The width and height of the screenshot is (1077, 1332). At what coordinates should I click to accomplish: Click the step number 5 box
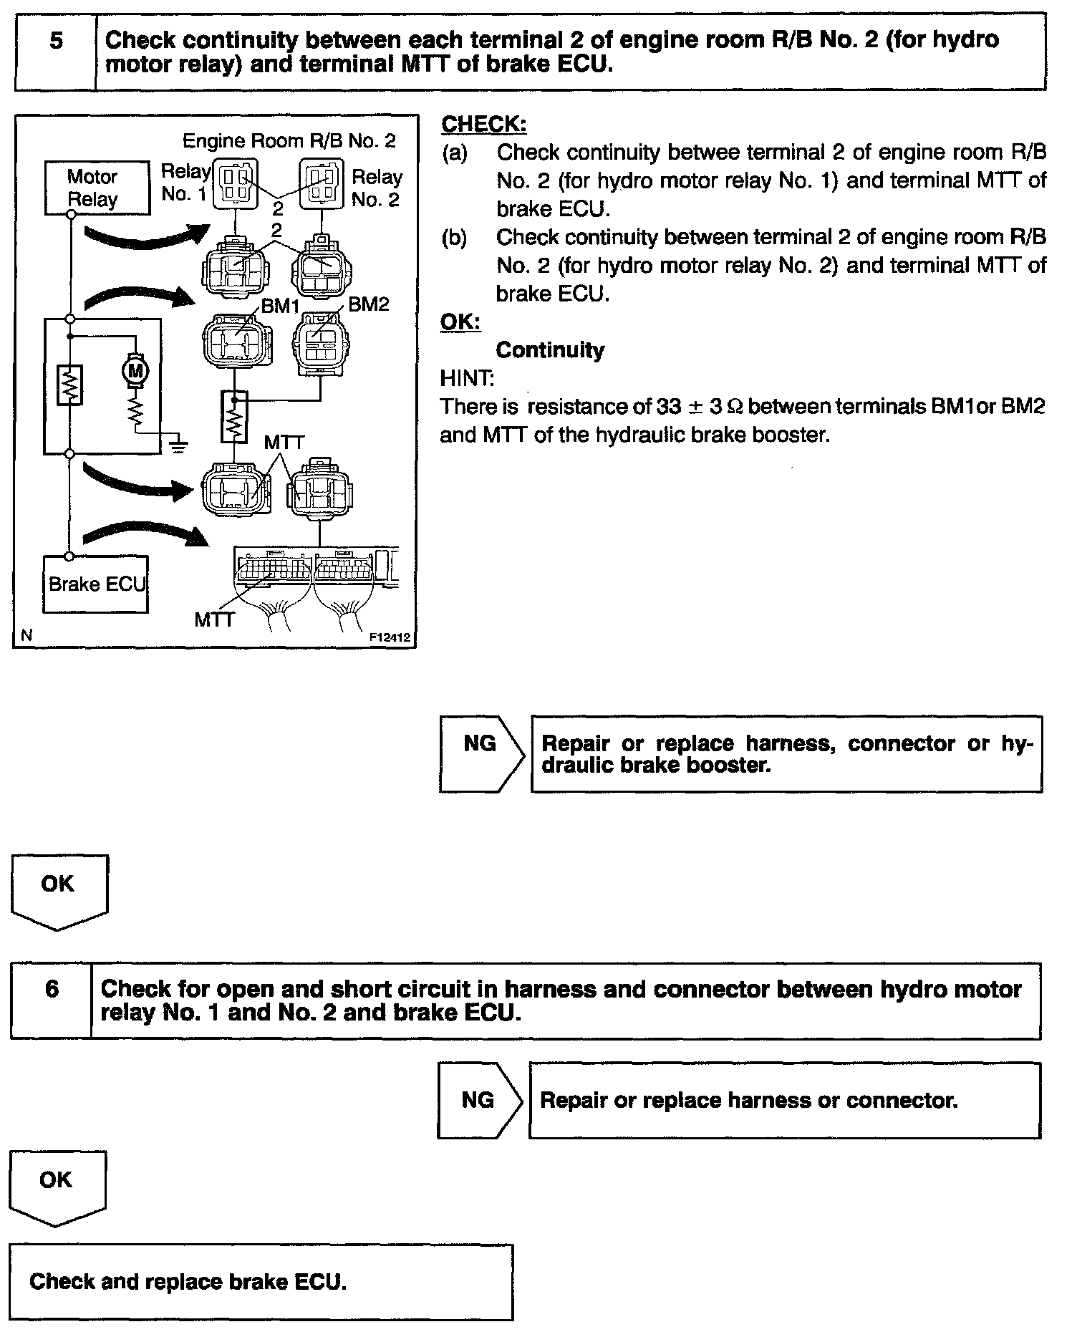coord(55,52)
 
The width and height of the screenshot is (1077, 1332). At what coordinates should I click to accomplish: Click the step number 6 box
coord(52,1000)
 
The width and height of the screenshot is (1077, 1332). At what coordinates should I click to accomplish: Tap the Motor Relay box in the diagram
coord(97,188)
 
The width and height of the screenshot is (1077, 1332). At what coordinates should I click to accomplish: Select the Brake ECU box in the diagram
coord(96,584)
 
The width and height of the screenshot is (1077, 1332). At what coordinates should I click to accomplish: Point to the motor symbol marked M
coord(135,370)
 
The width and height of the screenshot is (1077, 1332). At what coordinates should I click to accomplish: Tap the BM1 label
coord(280,307)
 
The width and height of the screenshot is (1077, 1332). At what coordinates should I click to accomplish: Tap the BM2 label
coord(369,304)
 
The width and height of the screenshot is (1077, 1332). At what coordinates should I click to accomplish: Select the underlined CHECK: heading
coord(484,124)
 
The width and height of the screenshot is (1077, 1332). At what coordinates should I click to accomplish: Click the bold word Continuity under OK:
coord(550,350)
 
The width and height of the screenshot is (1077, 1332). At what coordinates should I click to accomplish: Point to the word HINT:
coord(467,378)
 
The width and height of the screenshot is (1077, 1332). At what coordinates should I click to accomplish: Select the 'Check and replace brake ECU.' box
coord(261,1282)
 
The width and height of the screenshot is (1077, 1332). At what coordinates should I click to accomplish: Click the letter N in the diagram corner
coord(26,635)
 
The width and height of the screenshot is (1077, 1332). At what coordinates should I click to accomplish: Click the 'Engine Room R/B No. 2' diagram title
coord(289,141)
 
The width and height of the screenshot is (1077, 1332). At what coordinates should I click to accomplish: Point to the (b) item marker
coord(454,237)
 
